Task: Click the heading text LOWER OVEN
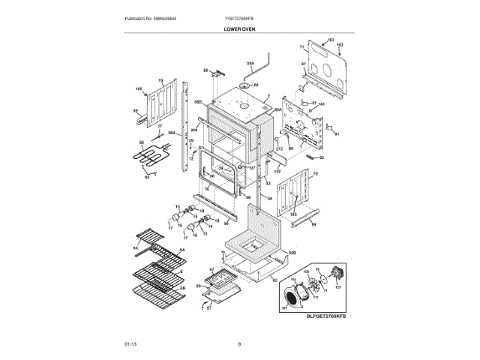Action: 239,28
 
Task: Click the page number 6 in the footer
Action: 239,343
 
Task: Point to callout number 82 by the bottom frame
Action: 274,280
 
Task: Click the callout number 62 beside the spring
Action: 322,158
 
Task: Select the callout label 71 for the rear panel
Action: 301,47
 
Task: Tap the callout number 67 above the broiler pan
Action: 212,269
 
